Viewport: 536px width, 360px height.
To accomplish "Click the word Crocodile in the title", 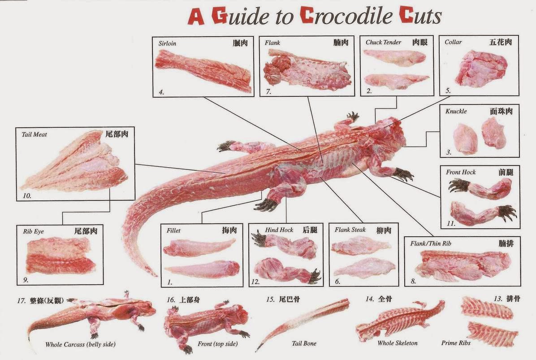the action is click(346, 16).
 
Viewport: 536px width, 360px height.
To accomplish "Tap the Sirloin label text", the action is click(168, 43).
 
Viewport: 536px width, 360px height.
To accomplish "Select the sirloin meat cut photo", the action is click(204, 70).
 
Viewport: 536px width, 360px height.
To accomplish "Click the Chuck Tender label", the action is click(383, 43).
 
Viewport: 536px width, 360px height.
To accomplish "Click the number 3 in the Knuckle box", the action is click(449, 152).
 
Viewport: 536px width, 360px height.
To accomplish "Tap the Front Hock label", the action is click(460, 172).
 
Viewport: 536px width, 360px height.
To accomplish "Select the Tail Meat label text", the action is click(34, 134).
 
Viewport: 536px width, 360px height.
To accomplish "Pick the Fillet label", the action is click(173, 230).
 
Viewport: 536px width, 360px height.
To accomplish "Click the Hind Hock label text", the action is click(279, 230).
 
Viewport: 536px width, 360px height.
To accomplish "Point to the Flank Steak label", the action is click(350, 230).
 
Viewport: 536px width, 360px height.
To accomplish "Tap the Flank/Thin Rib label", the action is click(431, 243).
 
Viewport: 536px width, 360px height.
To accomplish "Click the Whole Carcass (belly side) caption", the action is click(80, 344).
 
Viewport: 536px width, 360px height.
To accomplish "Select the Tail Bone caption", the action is click(304, 343).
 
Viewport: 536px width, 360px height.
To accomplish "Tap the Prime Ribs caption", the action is click(456, 343).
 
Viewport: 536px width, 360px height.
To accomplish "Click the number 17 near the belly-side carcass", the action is click(22, 301).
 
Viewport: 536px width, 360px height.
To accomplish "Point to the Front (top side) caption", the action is click(217, 343).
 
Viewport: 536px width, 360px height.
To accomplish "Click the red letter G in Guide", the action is click(219, 16).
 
